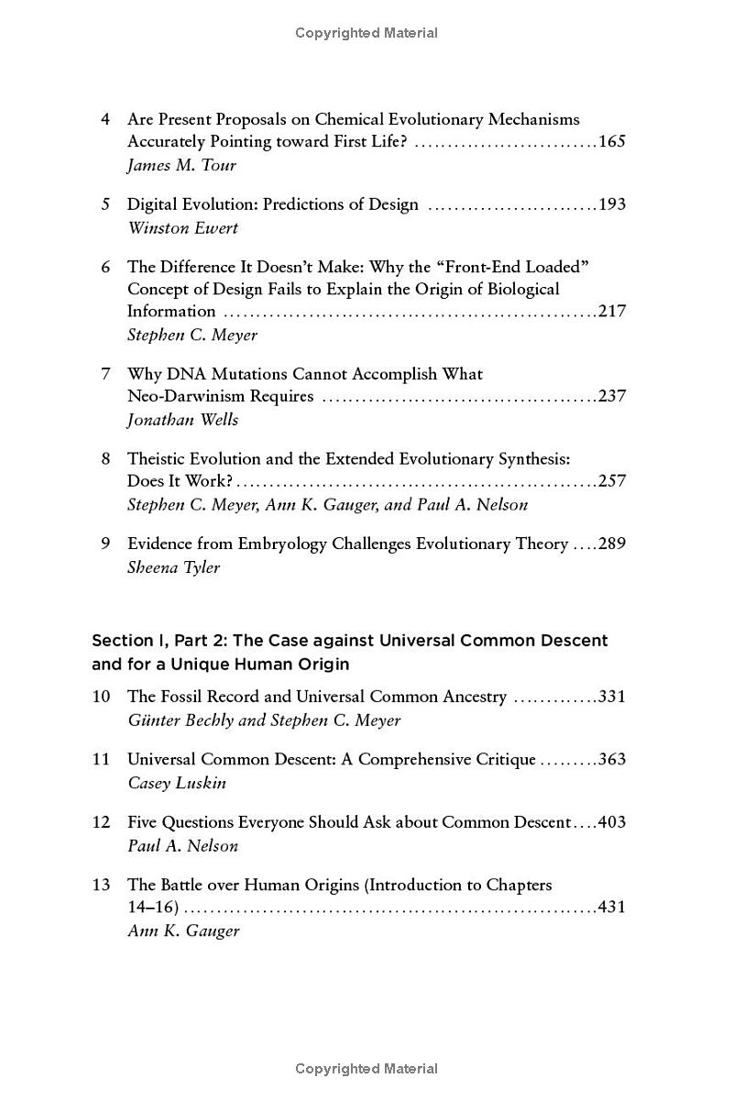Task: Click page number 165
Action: (611, 142)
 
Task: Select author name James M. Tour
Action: (181, 166)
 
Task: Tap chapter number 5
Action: (105, 204)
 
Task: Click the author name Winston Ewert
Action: (182, 228)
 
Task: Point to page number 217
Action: (611, 312)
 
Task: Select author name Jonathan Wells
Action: (182, 420)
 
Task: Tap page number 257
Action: (611, 481)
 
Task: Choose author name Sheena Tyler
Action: (174, 567)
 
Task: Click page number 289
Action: (611, 544)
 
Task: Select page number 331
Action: (611, 697)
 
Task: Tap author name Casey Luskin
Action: (177, 783)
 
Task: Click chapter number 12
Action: (101, 822)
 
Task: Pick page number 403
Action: (611, 822)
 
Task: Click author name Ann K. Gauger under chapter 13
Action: (183, 931)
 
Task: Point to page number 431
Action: (611, 907)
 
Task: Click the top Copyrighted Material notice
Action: (366, 33)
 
